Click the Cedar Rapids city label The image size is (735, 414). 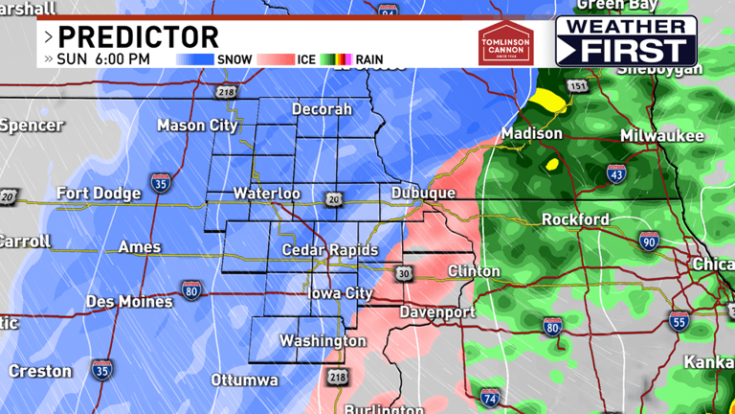(x=330, y=250)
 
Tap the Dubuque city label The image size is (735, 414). (x=423, y=194)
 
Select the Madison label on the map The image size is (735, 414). (x=531, y=134)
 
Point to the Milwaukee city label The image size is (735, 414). (x=661, y=136)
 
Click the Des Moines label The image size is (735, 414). (x=129, y=301)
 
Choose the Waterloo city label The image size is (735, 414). (x=267, y=194)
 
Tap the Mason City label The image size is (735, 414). (x=195, y=126)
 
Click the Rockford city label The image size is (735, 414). (x=575, y=219)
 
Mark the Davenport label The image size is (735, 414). (x=437, y=312)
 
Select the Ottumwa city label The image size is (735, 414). (x=244, y=380)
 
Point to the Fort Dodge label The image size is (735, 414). (x=99, y=194)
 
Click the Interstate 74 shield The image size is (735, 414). (x=490, y=397)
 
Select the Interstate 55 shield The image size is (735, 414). (x=679, y=322)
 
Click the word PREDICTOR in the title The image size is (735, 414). (x=139, y=37)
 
